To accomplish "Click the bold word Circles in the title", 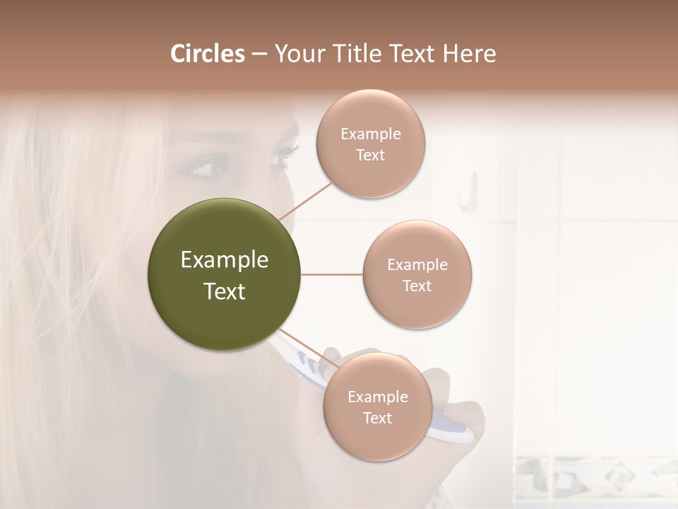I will click(x=207, y=53).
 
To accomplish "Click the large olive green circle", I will click(x=225, y=274).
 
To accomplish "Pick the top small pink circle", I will click(x=370, y=144).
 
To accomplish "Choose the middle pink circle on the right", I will click(x=417, y=274).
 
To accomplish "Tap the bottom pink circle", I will click(x=377, y=406).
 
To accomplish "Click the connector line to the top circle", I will click(x=306, y=200).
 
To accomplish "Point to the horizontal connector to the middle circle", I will click(x=331, y=274).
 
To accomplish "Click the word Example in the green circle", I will click(x=225, y=260).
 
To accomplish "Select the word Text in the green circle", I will click(x=225, y=291).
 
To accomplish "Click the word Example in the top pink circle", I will click(x=370, y=134).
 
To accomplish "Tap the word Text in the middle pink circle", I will click(x=417, y=286).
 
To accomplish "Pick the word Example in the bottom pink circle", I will click(x=377, y=397).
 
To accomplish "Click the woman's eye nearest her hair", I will click(x=201, y=169).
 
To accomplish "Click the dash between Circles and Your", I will click(x=258, y=54).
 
